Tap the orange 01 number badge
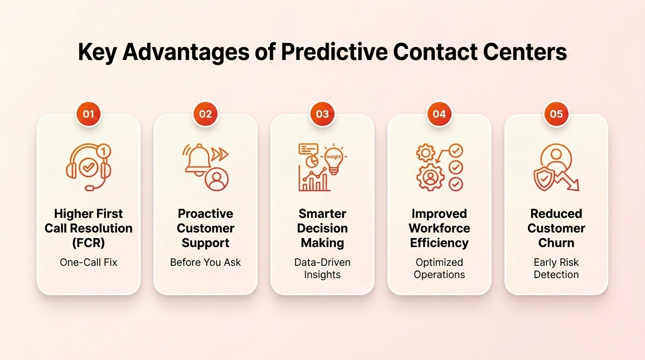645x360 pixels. coord(89,114)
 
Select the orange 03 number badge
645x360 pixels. coord(322,114)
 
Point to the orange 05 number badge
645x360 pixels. coord(556,114)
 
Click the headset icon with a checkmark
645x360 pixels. coord(89,167)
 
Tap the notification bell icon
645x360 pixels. coord(198,160)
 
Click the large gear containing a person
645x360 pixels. coord(430,177)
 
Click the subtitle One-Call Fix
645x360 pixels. coord(89,262)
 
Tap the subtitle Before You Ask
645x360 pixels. coord(205,262)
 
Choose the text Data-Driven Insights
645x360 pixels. coord(322,269)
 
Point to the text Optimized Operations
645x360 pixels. coord(439,269)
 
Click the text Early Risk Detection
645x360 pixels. coord(556,269)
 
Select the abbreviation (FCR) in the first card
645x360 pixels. coord(89,243)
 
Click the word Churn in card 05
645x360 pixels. coord(556,243)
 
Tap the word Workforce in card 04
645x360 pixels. coord(439,228)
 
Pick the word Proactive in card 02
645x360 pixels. coord(205,214)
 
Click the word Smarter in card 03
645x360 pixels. coord(322,214)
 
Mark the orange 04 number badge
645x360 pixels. coord(439,114)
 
